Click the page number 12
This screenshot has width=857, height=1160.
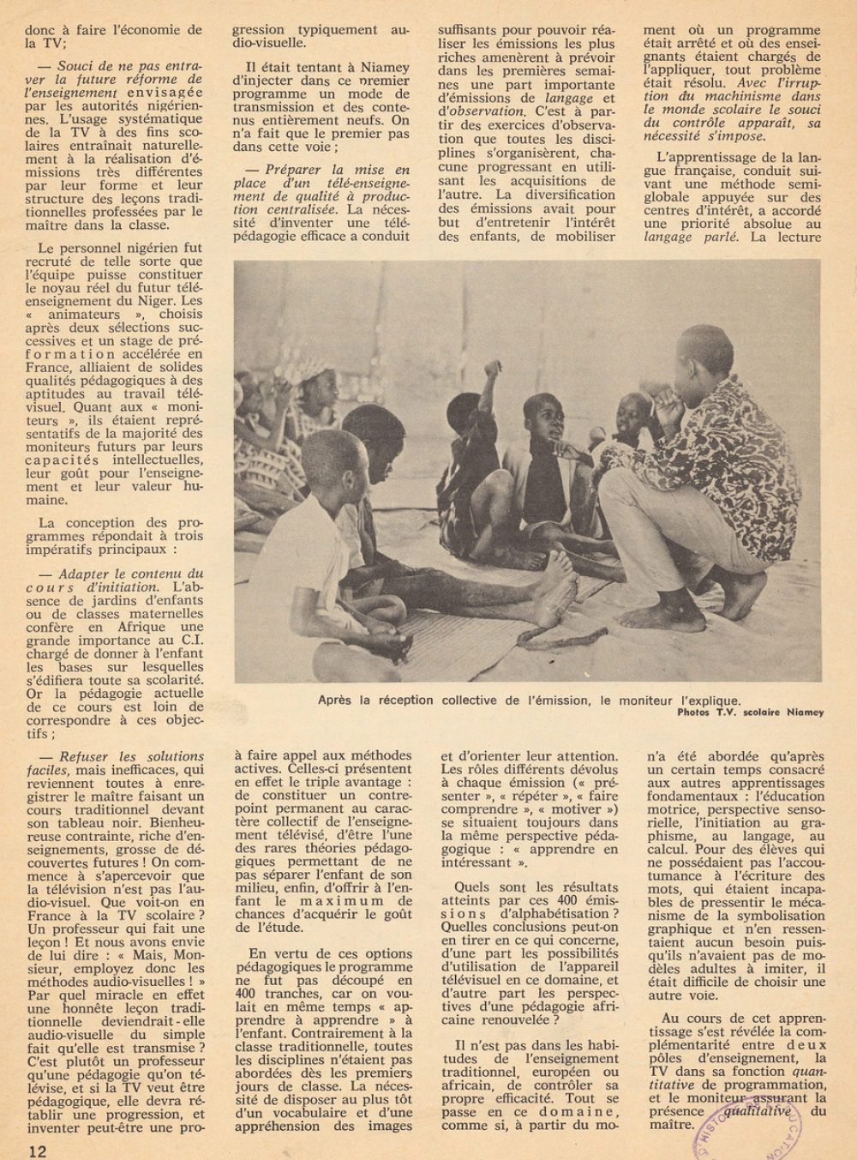pyautogui.click(x=36, y=1151)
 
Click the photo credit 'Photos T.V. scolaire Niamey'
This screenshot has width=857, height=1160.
pyautogui.click(x=750, y=712)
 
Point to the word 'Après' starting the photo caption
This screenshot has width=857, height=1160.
pyautogui.click(x=339, y=700)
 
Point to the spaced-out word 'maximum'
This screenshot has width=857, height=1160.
pyautogui.click(x=342, y=901)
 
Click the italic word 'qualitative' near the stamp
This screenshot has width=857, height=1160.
pyautogui.click(x=758, y=1110)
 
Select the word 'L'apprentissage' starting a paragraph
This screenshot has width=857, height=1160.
pyautogui.click(x=708, y=158)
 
